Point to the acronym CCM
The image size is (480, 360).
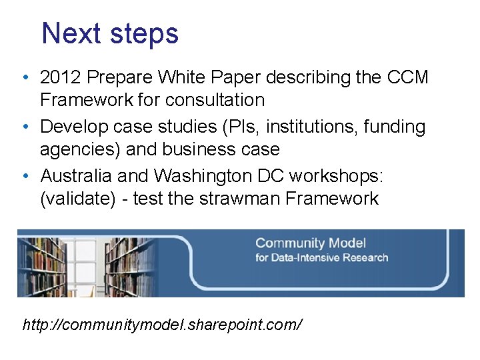tap(407, 78)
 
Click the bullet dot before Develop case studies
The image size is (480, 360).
tap(25, 127)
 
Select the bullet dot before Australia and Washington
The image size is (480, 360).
tap(25, 176)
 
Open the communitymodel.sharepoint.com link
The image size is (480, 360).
tap(163, 325)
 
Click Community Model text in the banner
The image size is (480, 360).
tap(311, 243)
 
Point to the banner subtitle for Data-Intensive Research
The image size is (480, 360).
tap(321, 257)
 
